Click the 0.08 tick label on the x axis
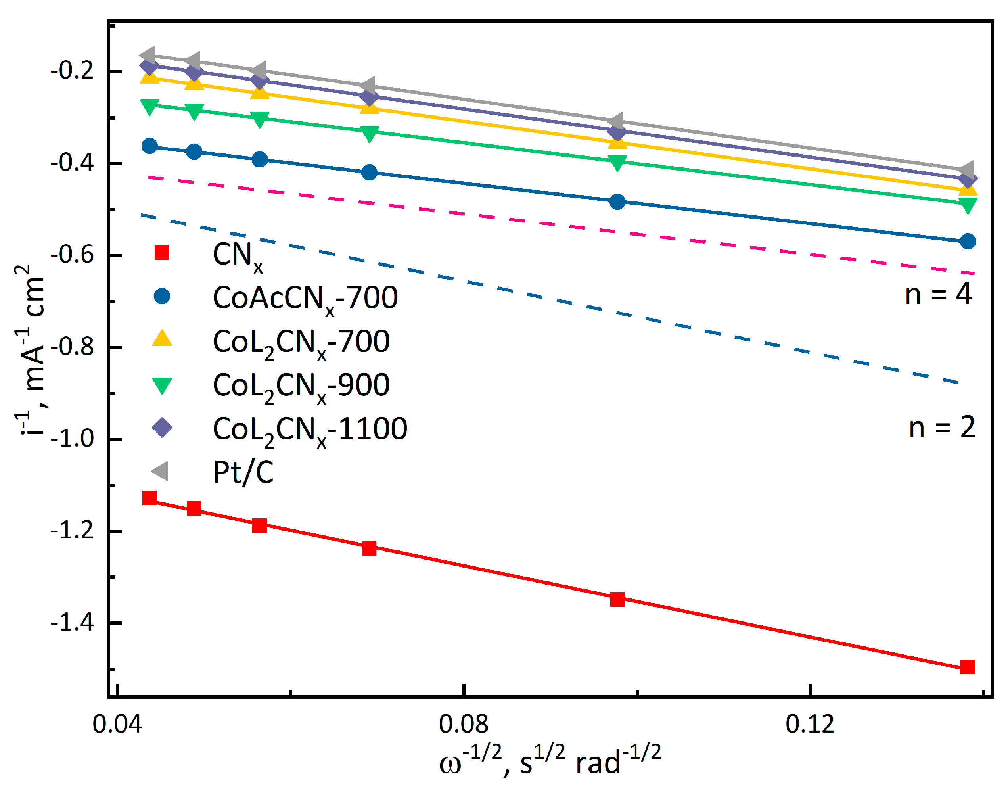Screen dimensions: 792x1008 463,725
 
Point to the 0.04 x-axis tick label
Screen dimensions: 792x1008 117,725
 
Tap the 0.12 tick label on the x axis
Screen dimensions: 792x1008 810,725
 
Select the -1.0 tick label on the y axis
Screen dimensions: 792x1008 72,439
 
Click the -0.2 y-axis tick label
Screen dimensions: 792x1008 72,71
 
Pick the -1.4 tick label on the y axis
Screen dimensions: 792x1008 72,622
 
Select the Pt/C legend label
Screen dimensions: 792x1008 243,472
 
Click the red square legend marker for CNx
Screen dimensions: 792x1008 161,253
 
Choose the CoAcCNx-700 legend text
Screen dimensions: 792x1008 305,298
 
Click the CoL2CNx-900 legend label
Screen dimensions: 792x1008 301,386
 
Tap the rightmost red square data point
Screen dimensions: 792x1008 967,667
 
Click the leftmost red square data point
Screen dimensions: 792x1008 149,498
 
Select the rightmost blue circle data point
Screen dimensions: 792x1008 968,241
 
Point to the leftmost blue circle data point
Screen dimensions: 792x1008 149,146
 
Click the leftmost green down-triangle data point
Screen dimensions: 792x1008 149,106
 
